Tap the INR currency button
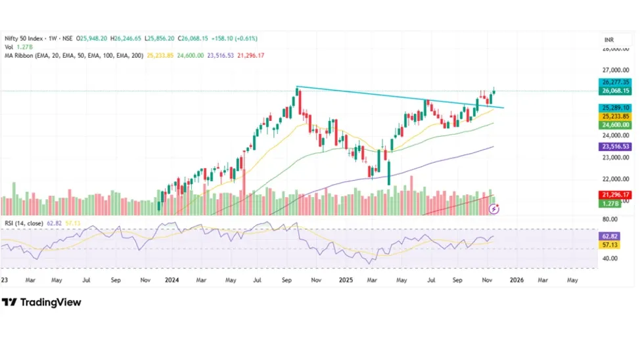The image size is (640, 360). pyautogui.click(x=608, y=40)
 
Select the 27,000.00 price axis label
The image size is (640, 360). pyautogui.click(x=615, y=70)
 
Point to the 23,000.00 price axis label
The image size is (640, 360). pyautogui.click(x=615, y=158)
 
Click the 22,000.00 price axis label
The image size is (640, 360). pyautogui.click(x=615, y=179)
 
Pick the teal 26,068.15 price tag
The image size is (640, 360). pyautogui.click(x=615, y=91)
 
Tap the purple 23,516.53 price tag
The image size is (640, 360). pyautogui.click(x=615, y=147)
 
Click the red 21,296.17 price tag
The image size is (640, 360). pyautogui.click(x=615, y=195)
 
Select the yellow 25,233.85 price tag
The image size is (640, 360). pyautogui.click(x=615, y=116)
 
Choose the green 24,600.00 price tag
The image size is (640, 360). pyautogui.click(x=615, y=125)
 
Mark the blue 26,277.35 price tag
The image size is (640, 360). pyautogui.click(x=615, y=82)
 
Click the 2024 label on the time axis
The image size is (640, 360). pyautogui.click(x=172, y=279)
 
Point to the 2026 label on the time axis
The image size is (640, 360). pyautogui.click(x=517, y=279)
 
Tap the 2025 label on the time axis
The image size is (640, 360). pyautogui.click(x=346, y=279)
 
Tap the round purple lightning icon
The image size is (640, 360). pyautogui.click(x=494, y=210)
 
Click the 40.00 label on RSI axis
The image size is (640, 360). pyautogui.click(x=610, y=259)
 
